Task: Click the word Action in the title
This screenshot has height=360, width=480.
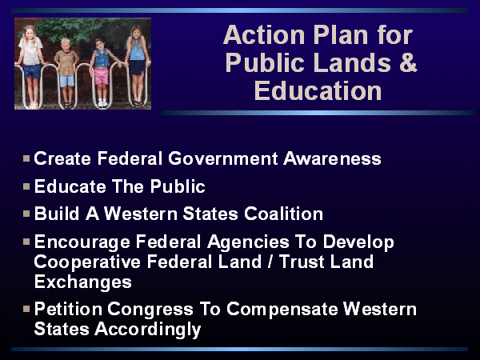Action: coord(264,35)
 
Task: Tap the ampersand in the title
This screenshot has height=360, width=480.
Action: coord(408,62)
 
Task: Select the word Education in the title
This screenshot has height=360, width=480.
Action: coord(318,90)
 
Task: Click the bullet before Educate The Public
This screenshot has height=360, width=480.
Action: coord(26,186)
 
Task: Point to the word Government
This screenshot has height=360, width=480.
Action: coord(223,158)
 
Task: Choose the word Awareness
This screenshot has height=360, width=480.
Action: coord(332,158)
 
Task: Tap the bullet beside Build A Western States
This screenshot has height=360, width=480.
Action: coord(26,214)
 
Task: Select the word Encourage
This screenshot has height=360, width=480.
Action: coord(82,242)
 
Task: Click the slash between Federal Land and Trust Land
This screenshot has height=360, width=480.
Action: coord(270,262)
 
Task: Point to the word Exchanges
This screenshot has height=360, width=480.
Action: coord(83,282)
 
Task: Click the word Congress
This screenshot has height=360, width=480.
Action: coord(150,309)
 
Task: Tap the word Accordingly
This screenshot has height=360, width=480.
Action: coord(147,330)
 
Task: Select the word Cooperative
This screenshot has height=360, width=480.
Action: coord(87,262)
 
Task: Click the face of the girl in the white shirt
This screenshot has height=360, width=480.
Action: coord(30,33)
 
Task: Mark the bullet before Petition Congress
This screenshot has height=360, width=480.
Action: coord(26,309)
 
